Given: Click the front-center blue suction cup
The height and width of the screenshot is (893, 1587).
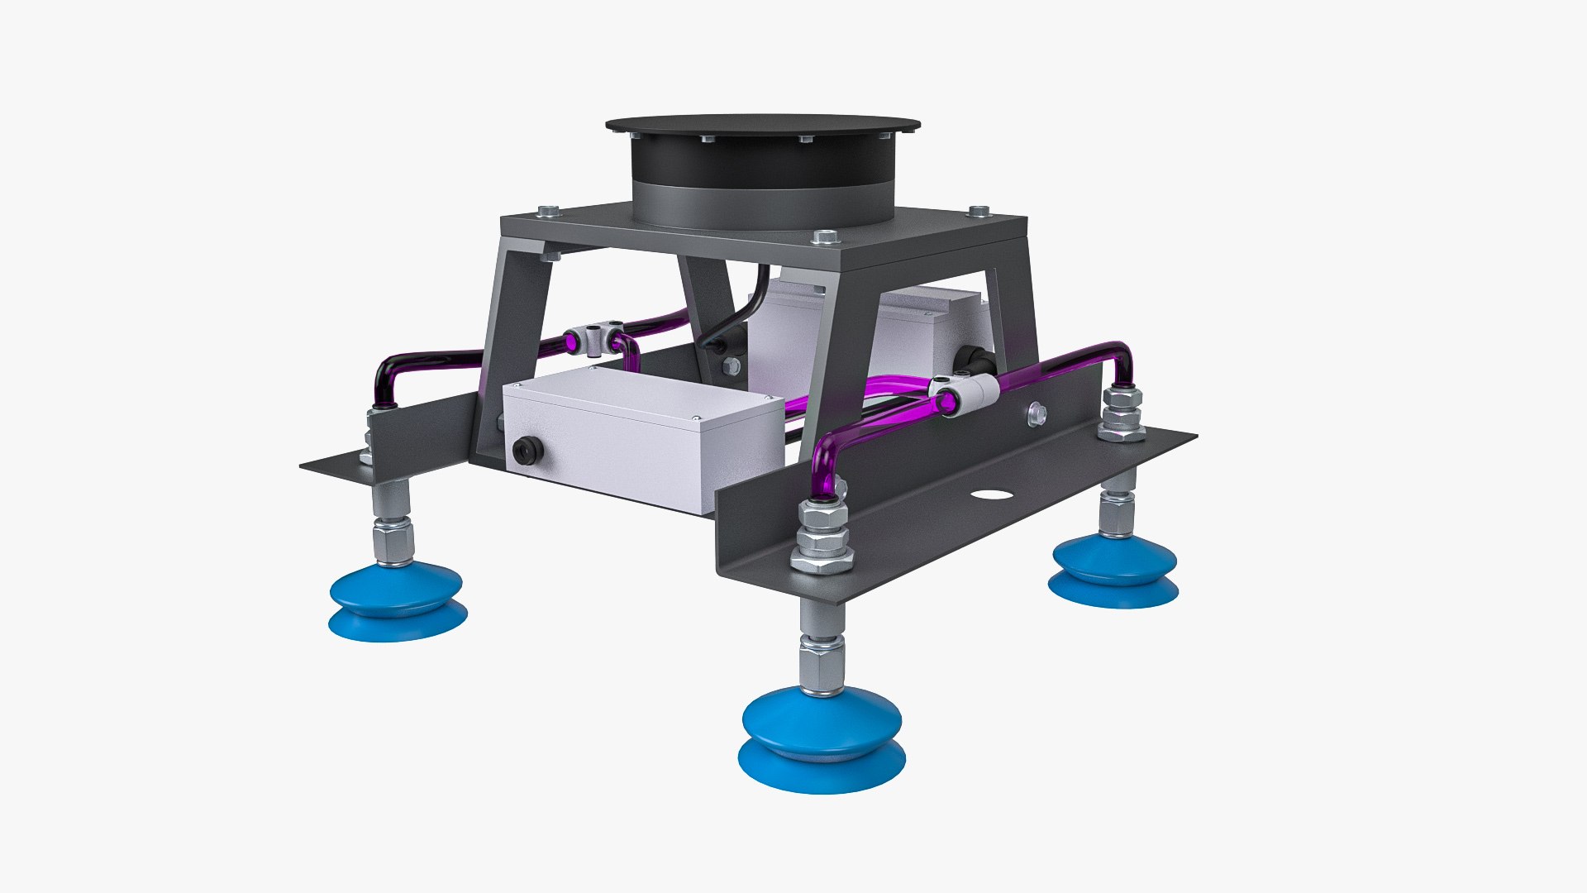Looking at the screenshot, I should (821, 740).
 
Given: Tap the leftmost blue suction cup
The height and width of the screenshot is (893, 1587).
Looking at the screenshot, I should (397, 599).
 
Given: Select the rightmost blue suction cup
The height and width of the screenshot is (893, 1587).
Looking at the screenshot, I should (1113, 571).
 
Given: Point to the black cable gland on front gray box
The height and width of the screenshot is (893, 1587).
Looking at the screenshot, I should (527, 451).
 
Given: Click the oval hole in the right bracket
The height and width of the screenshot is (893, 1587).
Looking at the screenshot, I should (992, 494).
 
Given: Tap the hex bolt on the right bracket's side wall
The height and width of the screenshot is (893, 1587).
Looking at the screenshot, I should (1036, 415).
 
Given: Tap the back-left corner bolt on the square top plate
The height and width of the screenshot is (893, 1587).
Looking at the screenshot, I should (548, 211).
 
